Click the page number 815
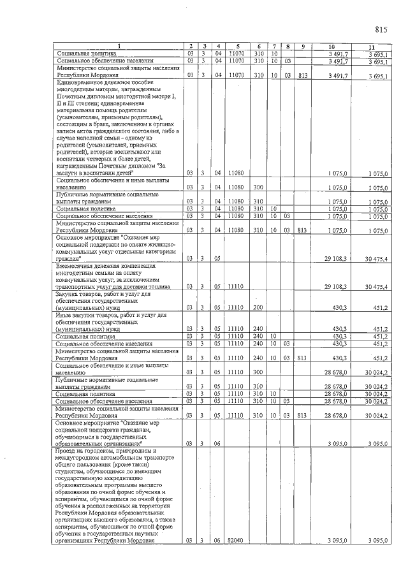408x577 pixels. [x=382, y=29]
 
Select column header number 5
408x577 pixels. [x=237, y=46]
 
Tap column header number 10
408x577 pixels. [x=332, y=46]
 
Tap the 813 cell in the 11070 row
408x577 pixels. [x=302, y=75]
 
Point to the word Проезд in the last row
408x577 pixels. [x=68, y=450]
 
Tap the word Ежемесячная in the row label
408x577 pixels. [x=76, y=266]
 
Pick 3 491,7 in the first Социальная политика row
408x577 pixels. [x=336, y=54]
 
